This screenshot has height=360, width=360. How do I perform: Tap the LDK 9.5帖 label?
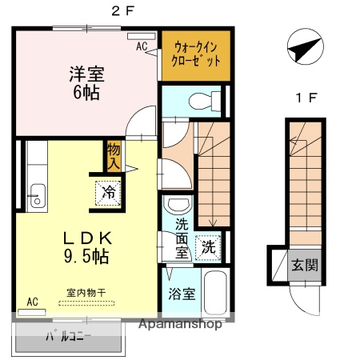(x=82, y=247)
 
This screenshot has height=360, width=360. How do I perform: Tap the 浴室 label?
(x=178, y=293)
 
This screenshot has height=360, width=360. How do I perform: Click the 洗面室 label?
(x=178, y=238)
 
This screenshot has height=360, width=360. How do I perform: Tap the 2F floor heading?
(x=118, y=11)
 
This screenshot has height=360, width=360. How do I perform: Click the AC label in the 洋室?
(x=142, y=46)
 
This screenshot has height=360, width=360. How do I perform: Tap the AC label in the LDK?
(x=32, y=302)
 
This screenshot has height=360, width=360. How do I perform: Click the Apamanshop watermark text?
(x=181, y=326)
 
